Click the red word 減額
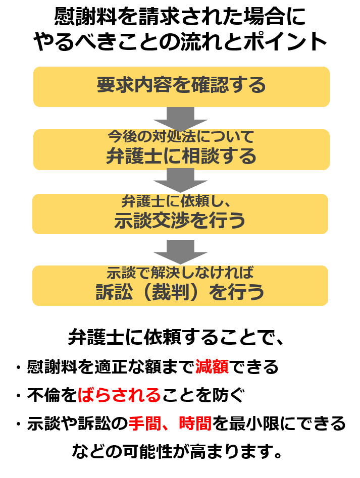click(x=212, y=367)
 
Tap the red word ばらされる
click(x=119, y=395)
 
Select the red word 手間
click(x=144, y=423)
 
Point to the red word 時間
click(x=195, y=423)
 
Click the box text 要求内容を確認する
click(x=181, y=85)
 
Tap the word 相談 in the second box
click(x=200, y=156)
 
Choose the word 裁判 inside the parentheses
click(x=170, y=292)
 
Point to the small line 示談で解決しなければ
click(x=180, y=273)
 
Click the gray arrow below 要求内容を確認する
click(x=180, y=119)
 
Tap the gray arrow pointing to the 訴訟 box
click(x=180, y=252)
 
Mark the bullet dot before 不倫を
click(x=19, y=396)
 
